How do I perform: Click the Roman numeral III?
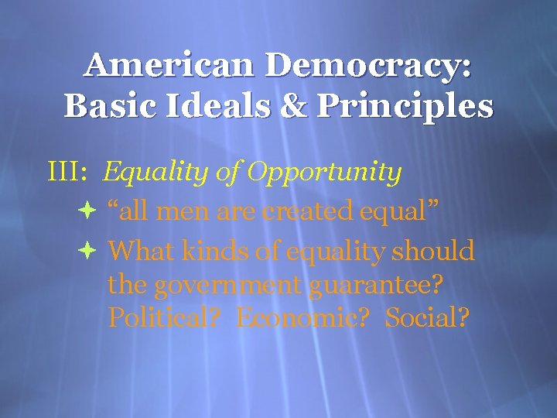tap(67, 172)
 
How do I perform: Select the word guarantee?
tap(378, 285)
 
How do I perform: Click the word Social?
tap(426, 317)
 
